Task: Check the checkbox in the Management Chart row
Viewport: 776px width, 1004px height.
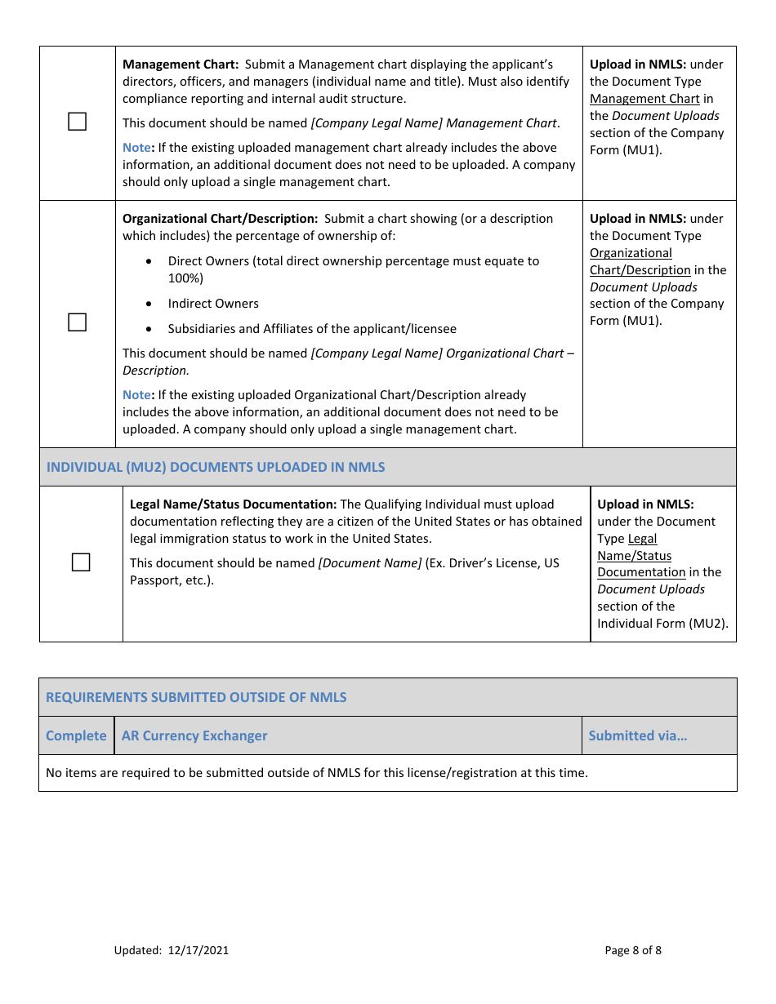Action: (x=77, y=122)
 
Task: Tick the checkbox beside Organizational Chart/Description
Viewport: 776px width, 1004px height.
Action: (x=77, y=322)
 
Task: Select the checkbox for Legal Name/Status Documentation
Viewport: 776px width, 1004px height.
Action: (x=80, y=562)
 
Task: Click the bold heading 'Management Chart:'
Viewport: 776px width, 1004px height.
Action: (x=181, y=64)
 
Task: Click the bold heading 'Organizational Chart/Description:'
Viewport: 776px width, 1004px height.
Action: (x=220, y=219)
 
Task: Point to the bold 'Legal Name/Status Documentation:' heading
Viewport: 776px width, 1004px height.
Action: (x=233, y=504)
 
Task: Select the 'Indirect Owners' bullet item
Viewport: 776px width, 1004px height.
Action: (x=213, y=304)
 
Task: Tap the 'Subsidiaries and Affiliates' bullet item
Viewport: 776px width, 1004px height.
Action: (x=312, y=329)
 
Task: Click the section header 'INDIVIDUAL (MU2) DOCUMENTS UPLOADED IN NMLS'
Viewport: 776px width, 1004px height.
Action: (x=216, y=467)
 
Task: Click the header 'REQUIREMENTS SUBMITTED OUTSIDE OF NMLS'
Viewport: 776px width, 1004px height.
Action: (x=196, y=697)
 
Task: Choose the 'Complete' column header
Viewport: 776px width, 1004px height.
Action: (x=76, y=735)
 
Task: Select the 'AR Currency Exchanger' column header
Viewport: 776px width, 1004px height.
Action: (x=194, y=735)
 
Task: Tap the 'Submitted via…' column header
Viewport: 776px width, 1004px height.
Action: (x=638, y=735)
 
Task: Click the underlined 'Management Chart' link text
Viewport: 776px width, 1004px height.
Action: (x=644, y=99)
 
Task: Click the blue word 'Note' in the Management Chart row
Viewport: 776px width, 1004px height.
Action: (x=136, y=148)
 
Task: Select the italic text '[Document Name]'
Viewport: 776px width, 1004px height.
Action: (x=370, y=563)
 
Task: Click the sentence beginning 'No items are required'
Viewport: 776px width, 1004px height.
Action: (x=317, y=772)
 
